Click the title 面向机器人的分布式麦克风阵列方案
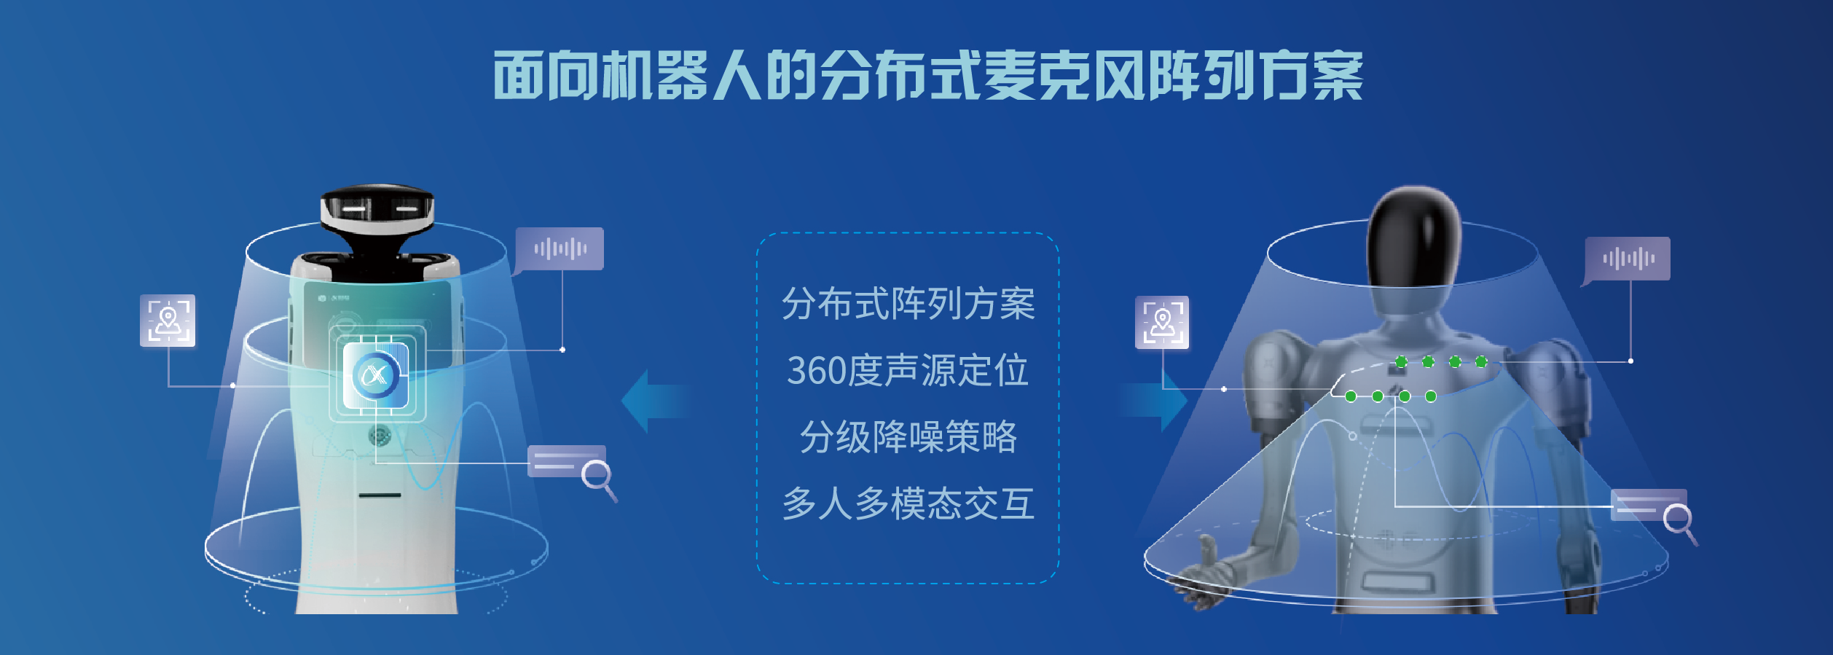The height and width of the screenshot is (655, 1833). pos(927,75)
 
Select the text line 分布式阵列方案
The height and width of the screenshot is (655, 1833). pos(908,303)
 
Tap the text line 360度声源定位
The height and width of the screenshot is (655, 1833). pos(908,370)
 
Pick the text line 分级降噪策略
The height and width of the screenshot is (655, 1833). pos(908,437)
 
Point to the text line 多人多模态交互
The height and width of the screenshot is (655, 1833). pos(908,503)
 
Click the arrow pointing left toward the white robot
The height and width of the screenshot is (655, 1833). pos(656,401)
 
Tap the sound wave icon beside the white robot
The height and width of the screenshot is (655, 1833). pos(559,250)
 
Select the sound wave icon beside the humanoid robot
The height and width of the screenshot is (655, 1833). pos(1627,259)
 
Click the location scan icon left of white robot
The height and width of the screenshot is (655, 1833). pos(168,321)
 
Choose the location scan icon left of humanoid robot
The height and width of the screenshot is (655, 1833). pos(1163,322)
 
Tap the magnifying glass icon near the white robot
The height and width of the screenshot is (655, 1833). pos(599,479)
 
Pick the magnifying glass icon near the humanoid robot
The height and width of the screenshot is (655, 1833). pos(1680,522)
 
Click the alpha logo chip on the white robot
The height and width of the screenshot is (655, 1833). pos(376,375)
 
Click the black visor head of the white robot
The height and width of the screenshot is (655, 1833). pos(377,208)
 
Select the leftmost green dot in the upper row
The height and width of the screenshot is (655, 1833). pos(1401,361)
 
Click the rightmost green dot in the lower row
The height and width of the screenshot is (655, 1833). pos(1431,396)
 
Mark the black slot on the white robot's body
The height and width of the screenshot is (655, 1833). pos(380,495)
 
